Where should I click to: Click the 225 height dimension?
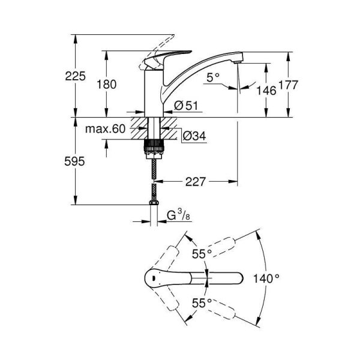pos(76,76)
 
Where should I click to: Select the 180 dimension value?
pos(106,84)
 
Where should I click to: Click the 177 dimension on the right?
pos(289,86)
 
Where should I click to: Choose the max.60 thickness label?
pos(105,129)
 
